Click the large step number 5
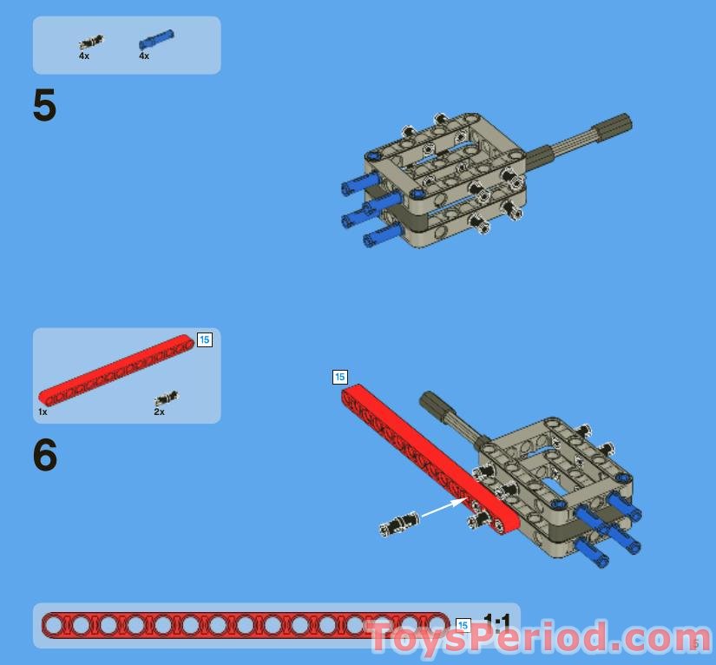(x=44, y=107)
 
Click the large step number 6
(x=45, y=456)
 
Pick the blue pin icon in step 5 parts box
(x=156, y=38)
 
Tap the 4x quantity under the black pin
(x=84, y=56)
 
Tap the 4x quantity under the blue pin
(x=144, y=56)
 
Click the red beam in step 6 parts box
(x=115, y=369)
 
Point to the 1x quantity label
(x=43, y=412)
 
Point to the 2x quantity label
(x=159, y=412)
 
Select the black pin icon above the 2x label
(x=166, y=398)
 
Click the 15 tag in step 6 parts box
(x=204, y=339)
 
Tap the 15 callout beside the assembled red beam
(x=339, y=377)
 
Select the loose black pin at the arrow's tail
(x=399, y=523)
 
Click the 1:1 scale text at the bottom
(x=497, y=622)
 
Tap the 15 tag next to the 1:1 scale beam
(x=463, y=625)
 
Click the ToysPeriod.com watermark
(x=534, y=638)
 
